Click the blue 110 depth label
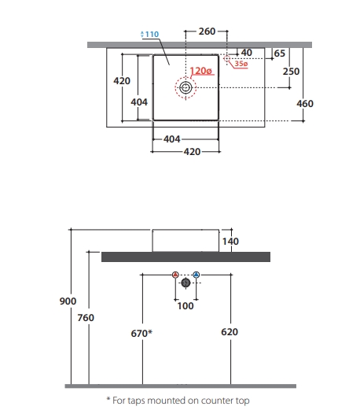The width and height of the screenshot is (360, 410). tap(149, 34)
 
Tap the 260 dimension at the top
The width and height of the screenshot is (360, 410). tap(207, 31)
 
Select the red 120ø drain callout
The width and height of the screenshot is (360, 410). tap(200, 71)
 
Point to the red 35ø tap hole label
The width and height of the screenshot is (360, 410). tap(241, 64)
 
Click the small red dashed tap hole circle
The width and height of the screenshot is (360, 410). tap(227, 58)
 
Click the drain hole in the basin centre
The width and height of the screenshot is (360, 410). tap(186, 87)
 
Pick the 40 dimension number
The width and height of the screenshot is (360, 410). tap(246, 53)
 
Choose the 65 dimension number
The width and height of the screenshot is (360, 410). tap(279, 54)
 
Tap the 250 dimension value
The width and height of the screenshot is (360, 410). tap(291, 72)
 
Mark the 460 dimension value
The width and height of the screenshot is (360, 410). tap(305, 104)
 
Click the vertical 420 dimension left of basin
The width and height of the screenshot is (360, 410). tap(122, 81)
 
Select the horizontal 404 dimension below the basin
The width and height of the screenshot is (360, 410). tap(172, 139)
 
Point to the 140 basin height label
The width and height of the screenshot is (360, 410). tap(230, 242)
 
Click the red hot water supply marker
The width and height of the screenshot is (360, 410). tap(175, 275)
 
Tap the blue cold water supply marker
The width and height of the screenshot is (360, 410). tap(197, 275)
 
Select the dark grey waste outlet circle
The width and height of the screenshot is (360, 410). tap(186, 283)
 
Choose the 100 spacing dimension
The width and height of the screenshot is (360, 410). tap(186, 306)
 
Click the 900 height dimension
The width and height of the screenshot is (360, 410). tap(68, 301)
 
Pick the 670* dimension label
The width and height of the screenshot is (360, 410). tap(141, 334)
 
